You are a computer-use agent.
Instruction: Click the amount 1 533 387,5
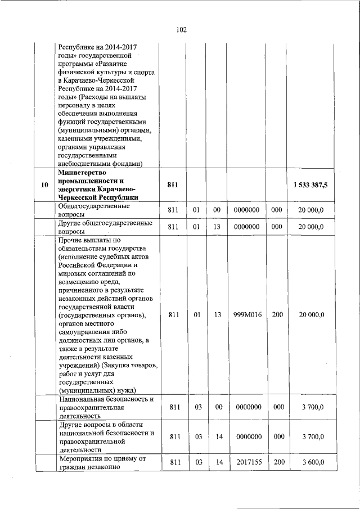coord(310,185)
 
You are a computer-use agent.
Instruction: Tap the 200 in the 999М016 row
coord(277,315)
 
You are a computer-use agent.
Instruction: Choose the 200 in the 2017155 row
coord(277,462)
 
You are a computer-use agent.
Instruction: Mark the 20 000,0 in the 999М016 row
coord(310,315)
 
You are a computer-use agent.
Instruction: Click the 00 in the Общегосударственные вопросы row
coord(217,210)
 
